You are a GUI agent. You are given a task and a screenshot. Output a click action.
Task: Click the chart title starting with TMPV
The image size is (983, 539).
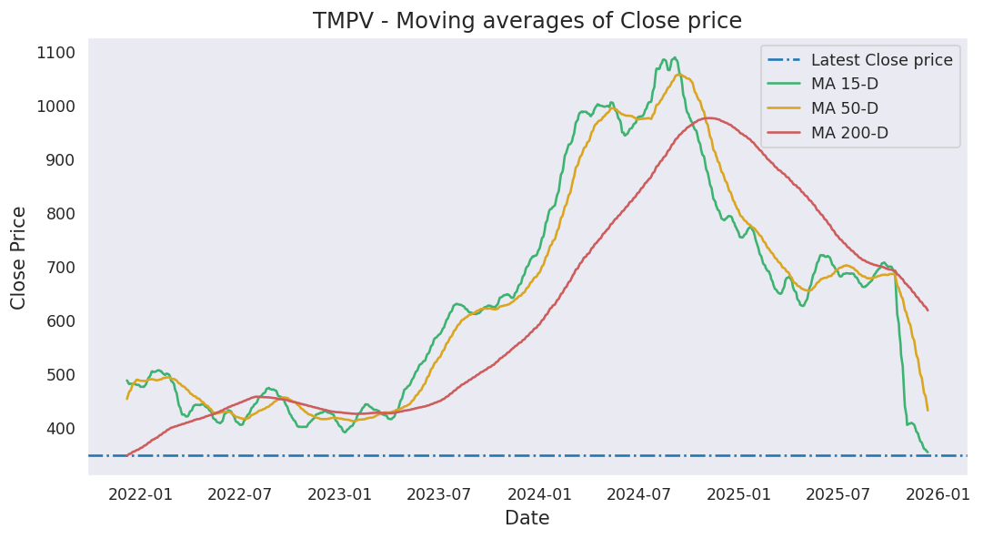[527, 21]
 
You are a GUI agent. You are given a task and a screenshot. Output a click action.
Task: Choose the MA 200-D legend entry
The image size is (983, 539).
[849, 133]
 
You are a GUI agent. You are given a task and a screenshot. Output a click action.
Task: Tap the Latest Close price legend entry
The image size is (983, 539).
[881, 60]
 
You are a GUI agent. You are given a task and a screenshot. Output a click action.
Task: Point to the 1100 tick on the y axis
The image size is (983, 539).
[56, 53]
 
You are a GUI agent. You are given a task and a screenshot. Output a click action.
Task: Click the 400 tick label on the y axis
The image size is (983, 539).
[61, 429]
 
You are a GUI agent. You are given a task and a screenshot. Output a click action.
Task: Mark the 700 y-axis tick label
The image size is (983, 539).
[61, 268]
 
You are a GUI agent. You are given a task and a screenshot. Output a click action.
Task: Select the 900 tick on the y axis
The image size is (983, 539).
[61, 160]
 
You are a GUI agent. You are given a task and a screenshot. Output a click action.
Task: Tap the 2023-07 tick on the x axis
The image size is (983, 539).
[438, 494]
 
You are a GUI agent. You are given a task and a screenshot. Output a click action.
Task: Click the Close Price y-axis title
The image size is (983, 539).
[19, 258]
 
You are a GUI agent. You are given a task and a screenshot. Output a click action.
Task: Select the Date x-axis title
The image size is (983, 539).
[527, 519]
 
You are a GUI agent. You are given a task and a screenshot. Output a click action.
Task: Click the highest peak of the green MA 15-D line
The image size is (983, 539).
[674, 58]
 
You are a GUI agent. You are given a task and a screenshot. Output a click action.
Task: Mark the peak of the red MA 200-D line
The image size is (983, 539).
[708, 117]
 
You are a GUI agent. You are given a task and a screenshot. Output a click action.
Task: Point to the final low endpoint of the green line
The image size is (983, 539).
[928, 452]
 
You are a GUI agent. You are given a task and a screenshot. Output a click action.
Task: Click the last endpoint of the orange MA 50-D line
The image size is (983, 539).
[928, 410]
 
